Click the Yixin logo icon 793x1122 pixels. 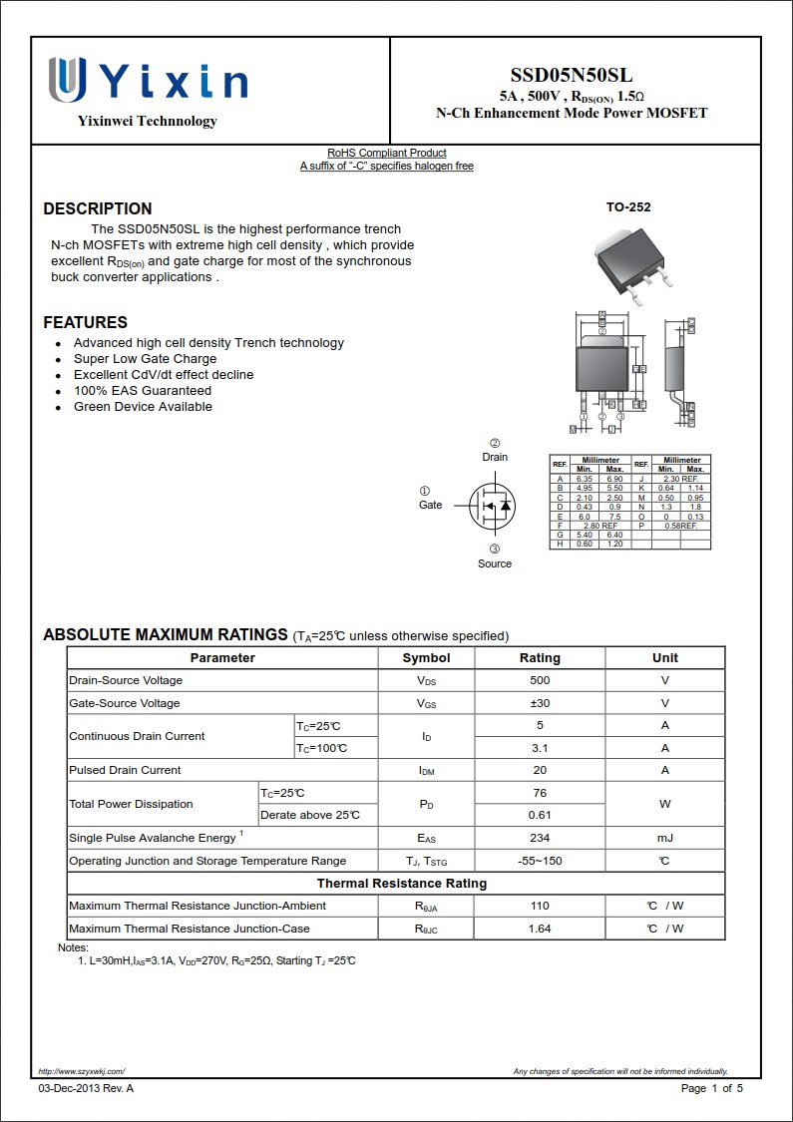(67, 80)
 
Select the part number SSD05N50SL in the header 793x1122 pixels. (571, 76)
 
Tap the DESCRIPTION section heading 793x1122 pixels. (98, 208)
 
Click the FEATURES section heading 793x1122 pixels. (85, 322)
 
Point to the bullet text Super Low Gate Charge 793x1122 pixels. (145, 359)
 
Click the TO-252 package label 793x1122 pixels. (628, 207)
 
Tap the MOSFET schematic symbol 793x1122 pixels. (493, 506)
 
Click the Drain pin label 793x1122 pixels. (495, 457)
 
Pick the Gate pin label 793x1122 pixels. (430, 505)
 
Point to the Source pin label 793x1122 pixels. (494, 563)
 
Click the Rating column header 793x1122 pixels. (540, 658)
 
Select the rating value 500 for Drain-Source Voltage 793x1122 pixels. (540, 680)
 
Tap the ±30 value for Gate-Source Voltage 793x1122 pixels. (540, 703)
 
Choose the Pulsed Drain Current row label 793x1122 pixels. (125, 770)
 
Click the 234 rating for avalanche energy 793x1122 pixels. (540, 838)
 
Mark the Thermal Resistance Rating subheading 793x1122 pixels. (401, 884)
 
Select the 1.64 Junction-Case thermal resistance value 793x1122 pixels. (540, 929)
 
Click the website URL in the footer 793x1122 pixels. (82, 1071)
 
